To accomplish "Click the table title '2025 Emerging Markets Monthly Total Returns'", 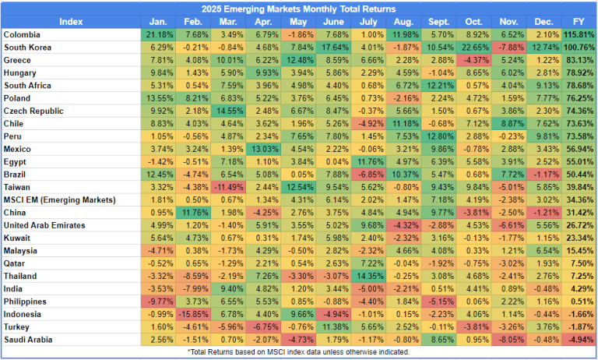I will click(x=299, y=8).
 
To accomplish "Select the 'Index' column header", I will click(x=71, y=21).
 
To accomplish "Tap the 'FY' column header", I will click(x=578, y=21).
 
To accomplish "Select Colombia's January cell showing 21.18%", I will click(x=159, y=35).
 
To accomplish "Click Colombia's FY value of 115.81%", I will click(x=578, y=35).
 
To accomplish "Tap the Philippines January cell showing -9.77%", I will click(x=159, y=301).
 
